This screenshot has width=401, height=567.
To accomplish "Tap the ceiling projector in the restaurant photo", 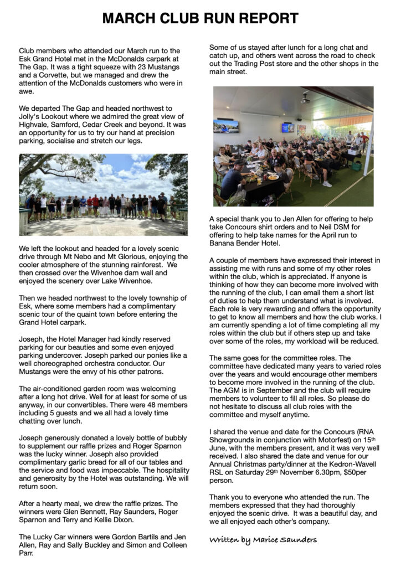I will [x=305, y=98].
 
